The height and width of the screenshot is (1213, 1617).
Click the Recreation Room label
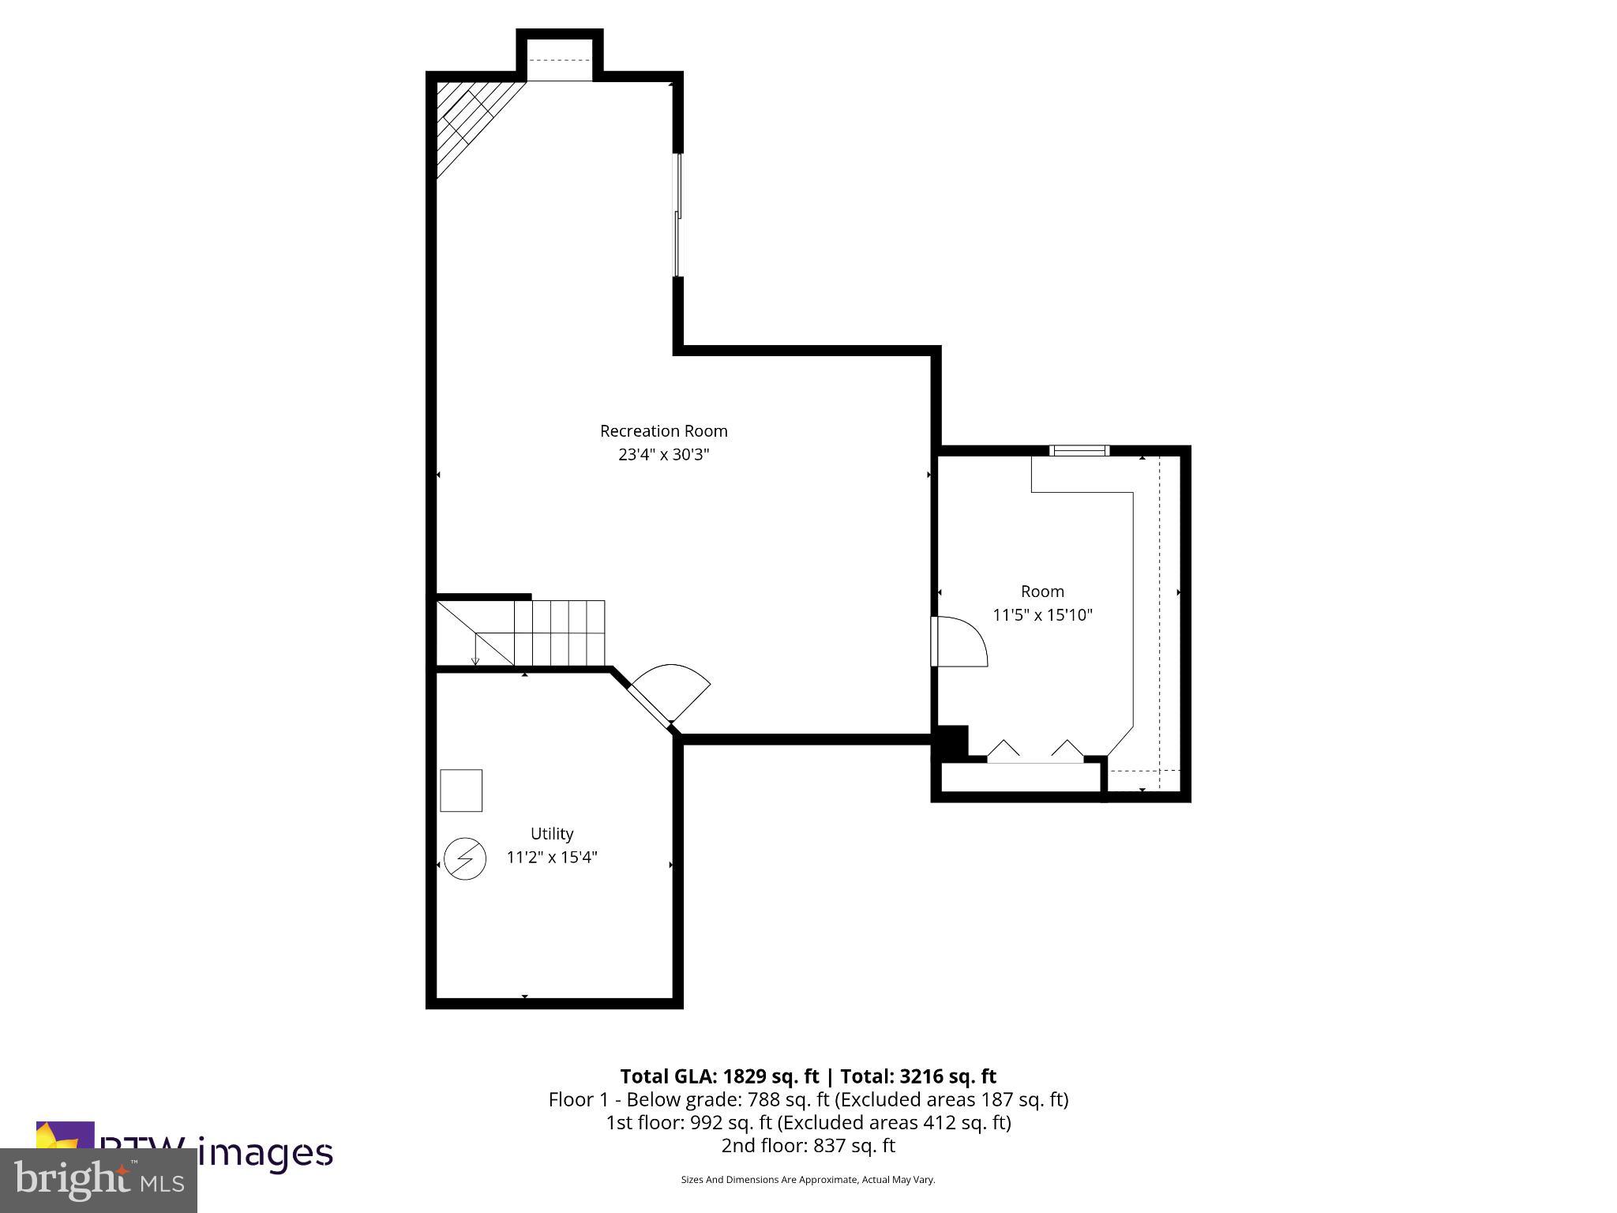click(x=663, y=431)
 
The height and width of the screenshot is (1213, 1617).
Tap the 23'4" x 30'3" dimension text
click(x=663, y=455)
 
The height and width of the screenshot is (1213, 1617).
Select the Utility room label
click(x=552, y=834)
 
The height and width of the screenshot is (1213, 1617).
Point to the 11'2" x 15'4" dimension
click(x=552, y=858)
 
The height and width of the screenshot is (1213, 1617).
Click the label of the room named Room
click(x=1042, y=591)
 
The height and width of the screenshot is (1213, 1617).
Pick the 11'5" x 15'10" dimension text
click(x=1042, y=615)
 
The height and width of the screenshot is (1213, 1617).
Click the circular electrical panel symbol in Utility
click(x=464, y=859)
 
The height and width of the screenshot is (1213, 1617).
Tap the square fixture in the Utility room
click(x=461, y=790)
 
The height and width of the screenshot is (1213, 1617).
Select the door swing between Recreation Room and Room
click(x=959, y=641)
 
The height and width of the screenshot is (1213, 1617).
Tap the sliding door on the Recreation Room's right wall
click(x=677, y=215)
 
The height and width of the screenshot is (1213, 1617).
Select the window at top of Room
click(x=1079, y=451)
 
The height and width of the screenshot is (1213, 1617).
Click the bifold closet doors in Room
click(x=1035, y=752)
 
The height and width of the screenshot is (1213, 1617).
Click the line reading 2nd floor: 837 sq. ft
click(x=808, y=1145)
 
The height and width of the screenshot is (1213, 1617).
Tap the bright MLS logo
click(x=99, y=1181)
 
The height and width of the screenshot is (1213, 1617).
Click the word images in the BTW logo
click(x=265, y=1152)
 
